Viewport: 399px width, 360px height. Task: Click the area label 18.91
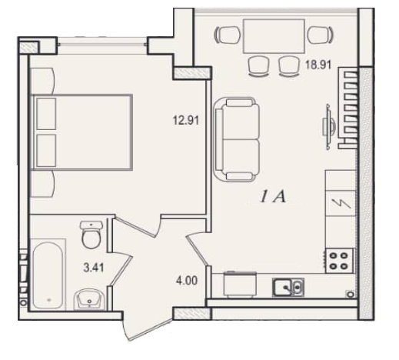[318, 65]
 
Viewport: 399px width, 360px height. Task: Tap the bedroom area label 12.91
[186, 120]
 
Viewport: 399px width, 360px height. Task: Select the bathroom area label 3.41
[94, 268]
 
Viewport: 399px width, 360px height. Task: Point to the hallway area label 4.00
[187, 281]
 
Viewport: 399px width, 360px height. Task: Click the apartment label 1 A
[272, 197]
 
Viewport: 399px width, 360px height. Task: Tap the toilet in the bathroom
[91, 235]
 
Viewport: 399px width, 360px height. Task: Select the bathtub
[48, 275]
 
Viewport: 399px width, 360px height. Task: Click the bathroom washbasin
[89, 299]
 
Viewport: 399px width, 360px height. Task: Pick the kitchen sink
[288, 287]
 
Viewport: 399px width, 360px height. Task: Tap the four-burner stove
[338, 261]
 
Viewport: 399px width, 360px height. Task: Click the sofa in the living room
[236, 140]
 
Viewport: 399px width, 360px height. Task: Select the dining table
[274, 36]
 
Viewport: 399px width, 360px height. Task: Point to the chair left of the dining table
[228, 35]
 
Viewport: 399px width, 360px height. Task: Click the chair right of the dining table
[321, 35]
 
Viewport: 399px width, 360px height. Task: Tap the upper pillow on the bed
[46, 114]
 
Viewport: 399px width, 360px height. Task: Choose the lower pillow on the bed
[46, 151]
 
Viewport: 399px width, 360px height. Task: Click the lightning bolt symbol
[341, 204]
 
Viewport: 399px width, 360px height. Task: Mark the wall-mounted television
[329, 127]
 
